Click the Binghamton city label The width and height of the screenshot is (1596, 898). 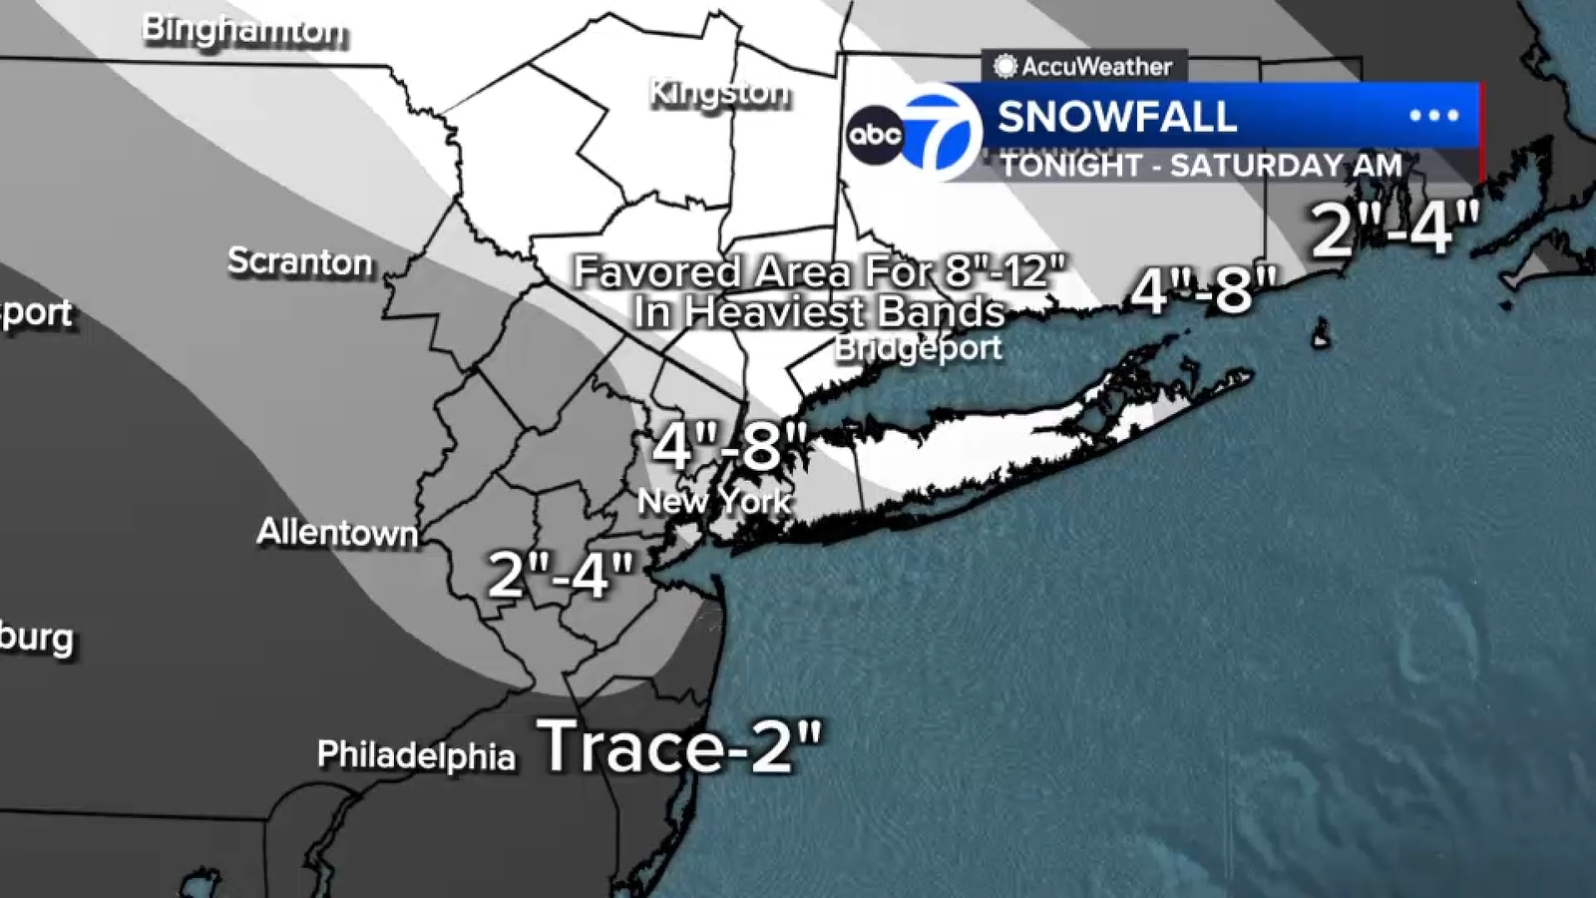coord(243,30)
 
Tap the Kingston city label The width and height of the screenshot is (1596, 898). coord(719,94)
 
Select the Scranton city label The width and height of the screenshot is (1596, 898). coord(300,261)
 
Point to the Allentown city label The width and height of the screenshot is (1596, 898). coord(337,532)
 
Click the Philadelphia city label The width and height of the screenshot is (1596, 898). coord(416,755)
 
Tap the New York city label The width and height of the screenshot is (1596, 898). coord(714,501)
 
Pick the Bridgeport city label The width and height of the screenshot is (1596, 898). coord(919,348)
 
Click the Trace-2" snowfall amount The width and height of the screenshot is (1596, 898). coord(680,746)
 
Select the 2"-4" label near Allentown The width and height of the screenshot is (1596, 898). coord(561,575)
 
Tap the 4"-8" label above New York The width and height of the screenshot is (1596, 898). coord(729,446)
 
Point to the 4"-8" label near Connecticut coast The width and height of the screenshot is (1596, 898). coord(1203,290)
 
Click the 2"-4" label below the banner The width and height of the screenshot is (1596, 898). coord(1395,229)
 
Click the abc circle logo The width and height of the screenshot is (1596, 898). coord(875,135)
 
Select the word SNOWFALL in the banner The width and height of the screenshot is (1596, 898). coord(1117,117)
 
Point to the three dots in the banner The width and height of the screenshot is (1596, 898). coord(1433,116)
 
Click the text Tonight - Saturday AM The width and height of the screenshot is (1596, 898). coord(1201,165)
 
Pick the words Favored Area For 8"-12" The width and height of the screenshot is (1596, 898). coord(820,271)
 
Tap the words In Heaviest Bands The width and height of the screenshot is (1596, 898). coord(819,312)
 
